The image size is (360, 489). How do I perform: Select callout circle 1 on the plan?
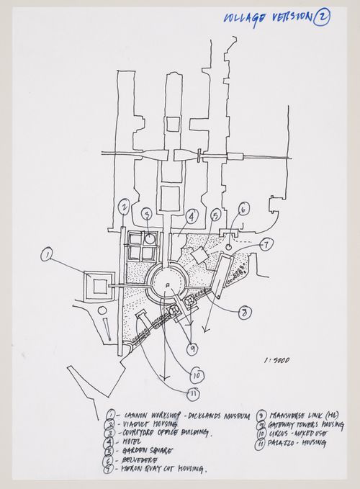point(48,254)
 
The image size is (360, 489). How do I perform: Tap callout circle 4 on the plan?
point(192,215)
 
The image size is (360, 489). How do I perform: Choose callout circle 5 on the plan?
point(215,215)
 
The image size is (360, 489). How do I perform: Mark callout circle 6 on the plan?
point(243,210)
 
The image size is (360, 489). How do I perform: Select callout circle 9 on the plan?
point(192,349)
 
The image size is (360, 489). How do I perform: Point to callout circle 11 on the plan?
point(194,392)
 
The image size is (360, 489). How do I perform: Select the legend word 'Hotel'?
point(134,441)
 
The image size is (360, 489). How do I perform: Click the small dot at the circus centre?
point(167,286)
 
